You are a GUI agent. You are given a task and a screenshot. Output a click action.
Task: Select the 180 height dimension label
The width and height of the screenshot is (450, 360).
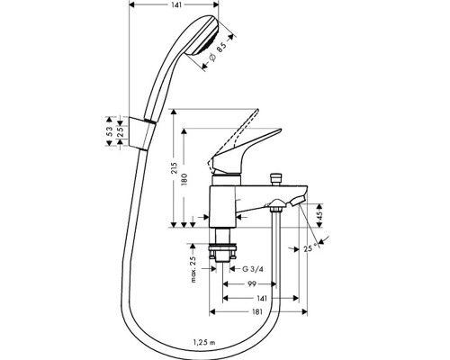pos(184,179)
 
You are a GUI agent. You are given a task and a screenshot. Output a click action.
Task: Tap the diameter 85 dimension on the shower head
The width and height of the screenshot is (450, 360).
pos(218,52)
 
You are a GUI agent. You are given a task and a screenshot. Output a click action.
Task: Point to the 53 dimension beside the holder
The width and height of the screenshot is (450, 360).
pos(110,131)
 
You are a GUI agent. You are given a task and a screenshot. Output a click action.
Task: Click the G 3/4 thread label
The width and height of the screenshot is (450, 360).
pos(253,269)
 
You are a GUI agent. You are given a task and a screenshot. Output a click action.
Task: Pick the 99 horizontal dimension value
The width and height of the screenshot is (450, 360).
pos(252,283)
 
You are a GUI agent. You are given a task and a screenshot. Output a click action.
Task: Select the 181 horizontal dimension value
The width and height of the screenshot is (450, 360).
pos(256,312)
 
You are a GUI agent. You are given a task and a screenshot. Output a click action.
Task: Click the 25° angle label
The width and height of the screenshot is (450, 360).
pos(310,248)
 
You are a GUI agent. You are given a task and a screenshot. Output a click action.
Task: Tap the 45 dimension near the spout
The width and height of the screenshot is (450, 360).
pos(319,215)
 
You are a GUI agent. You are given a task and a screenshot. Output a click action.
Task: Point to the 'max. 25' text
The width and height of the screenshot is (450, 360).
pos(193,269)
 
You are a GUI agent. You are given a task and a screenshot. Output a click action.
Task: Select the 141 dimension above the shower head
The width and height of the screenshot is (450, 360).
pos(177,4)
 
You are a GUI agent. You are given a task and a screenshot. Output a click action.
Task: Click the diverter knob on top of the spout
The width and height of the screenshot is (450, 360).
pos(275,179)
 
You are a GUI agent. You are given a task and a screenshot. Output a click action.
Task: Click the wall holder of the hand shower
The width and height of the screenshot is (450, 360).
pos(142,132)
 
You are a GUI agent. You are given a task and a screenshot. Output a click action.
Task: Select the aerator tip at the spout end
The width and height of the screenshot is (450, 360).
pos(298,201)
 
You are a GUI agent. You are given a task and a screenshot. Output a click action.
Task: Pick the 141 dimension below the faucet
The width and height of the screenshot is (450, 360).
pos(262,298)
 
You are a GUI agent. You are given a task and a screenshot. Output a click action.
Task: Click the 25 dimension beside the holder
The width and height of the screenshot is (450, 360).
pos(120,131)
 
